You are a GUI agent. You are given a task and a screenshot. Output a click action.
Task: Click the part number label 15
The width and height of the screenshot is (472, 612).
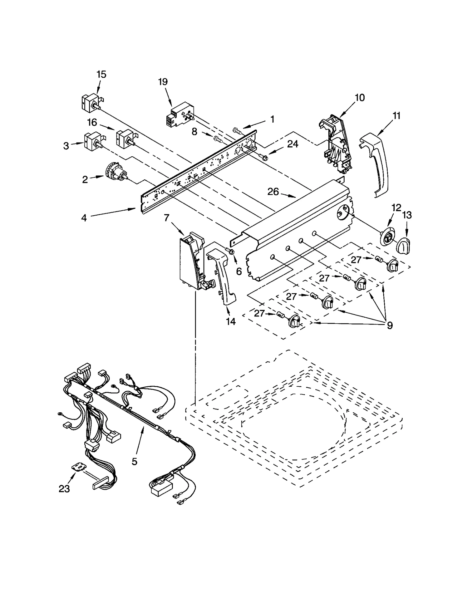101,74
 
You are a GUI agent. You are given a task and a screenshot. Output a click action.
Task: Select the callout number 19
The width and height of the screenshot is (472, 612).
163,82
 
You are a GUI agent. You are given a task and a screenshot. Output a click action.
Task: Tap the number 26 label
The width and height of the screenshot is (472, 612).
273,192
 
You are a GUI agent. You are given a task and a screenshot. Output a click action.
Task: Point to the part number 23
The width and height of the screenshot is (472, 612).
64,489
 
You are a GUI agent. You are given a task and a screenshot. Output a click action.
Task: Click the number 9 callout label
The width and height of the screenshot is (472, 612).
390,326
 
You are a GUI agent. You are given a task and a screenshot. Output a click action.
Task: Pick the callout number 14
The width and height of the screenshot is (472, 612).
231,321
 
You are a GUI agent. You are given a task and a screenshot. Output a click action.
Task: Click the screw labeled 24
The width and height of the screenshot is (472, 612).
263,157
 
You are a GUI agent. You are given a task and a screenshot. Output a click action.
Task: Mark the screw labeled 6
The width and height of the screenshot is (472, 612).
231,251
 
